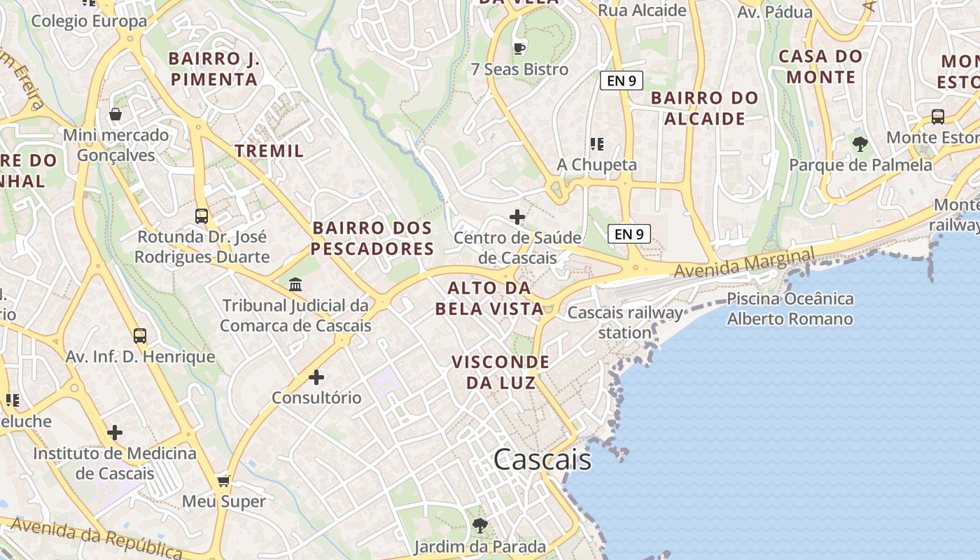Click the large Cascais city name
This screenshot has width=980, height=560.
click(x=542, y=460)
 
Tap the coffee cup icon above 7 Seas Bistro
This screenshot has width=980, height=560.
click(x=519, y=48)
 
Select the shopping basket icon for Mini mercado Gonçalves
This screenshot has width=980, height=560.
click(x=115, y=113)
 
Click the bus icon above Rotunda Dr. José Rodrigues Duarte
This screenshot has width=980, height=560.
click(x=202, y=216)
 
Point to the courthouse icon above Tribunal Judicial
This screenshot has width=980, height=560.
click(x=295, y=284)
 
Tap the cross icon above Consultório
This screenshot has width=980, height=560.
click(x=316, y=377)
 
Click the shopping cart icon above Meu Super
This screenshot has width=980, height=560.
click(x=223, y=481)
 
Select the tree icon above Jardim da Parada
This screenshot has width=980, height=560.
click(x=479, y=525)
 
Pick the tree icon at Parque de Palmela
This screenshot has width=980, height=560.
click(x=860, y=144)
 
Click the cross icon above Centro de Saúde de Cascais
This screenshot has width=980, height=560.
click(x=517, y=217)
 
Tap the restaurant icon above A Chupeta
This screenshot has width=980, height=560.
click(x=596, y=144)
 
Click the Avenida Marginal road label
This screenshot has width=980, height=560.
click(x=744, y=263)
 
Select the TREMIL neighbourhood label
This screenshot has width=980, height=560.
click(x=269, y=150)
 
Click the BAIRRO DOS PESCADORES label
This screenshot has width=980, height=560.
click(x=372, y=238)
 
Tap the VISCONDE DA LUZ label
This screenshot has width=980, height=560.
click(x=500, y=372)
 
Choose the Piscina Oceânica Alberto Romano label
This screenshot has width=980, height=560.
click(x=790, y=309)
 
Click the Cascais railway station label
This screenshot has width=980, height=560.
click(x=624, y=322)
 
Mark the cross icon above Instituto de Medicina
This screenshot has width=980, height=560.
click(x=115, y=433)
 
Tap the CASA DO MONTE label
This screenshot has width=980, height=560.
click(x=821, y=66)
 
